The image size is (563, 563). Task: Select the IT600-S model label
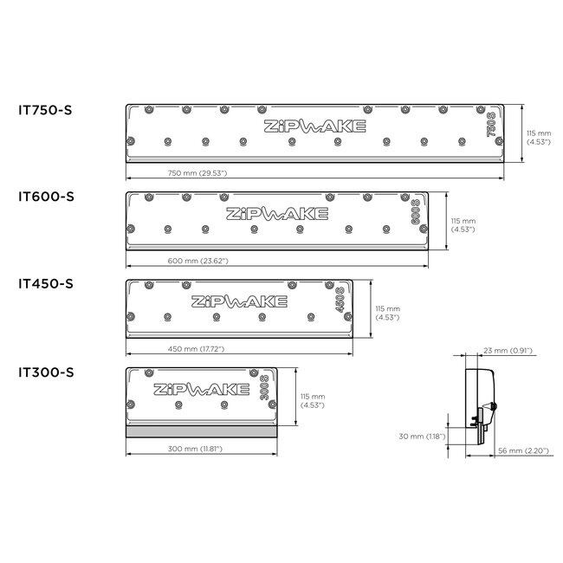point(46,197)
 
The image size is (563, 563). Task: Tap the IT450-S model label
point(46,284)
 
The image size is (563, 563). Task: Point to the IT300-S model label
point(46,372)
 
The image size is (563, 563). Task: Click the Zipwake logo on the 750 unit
point(314,126)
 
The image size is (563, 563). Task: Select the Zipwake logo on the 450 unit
point(238,301)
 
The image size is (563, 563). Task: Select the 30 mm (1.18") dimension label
point(424,437)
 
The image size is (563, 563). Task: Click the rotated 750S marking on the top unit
point(491,127)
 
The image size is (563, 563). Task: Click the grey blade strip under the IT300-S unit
point(200,430)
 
